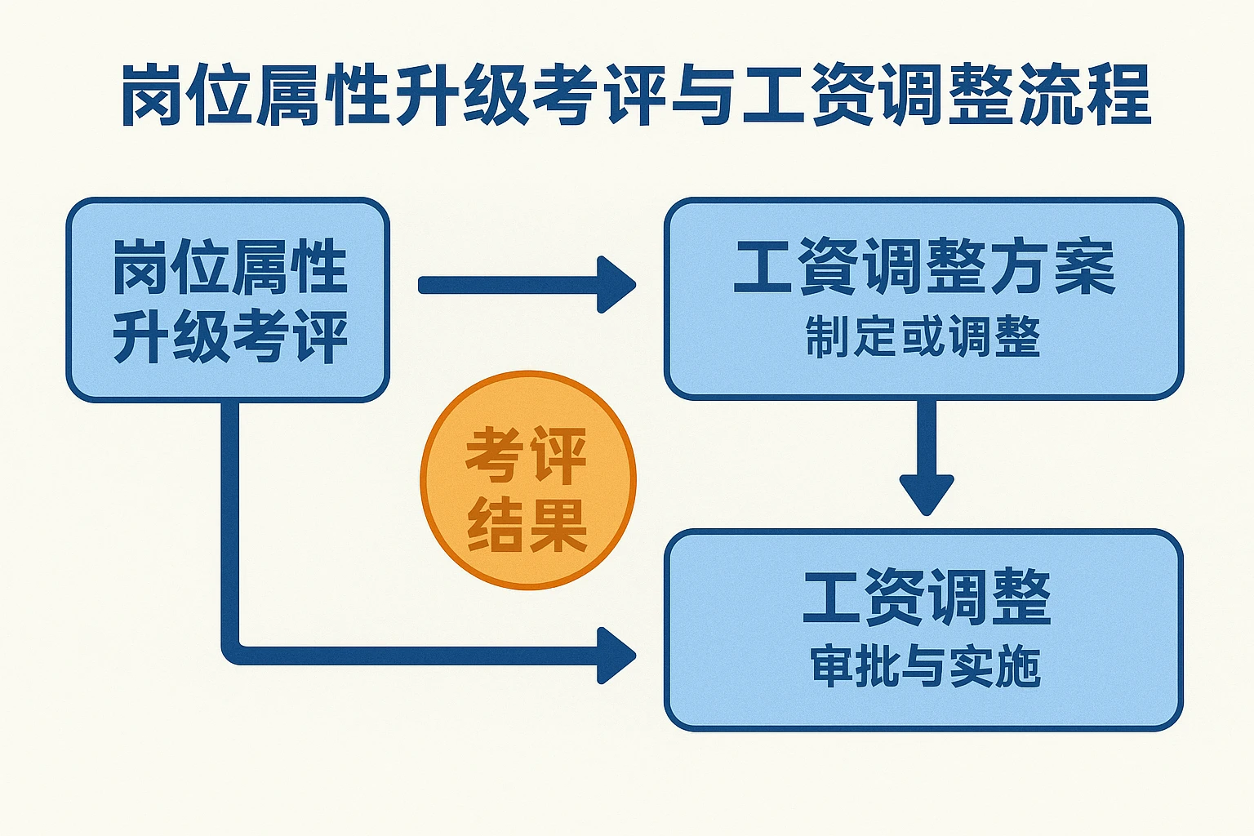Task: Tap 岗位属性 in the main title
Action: point(253,96)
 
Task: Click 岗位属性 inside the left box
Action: point(229,267)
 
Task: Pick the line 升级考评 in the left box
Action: point(229,336)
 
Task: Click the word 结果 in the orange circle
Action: point(527,524)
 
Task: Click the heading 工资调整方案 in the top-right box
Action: point(923,267)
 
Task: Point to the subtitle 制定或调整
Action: point(923,336)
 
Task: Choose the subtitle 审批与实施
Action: point(925,666)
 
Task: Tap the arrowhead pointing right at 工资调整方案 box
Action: point(617,284)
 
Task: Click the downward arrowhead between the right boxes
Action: point(927,493)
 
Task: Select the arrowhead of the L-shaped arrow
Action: point(617,655)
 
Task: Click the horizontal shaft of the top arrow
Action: point(506,285)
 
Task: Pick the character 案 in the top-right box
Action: point(1085,267)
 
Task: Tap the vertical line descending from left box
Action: point(230,522)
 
